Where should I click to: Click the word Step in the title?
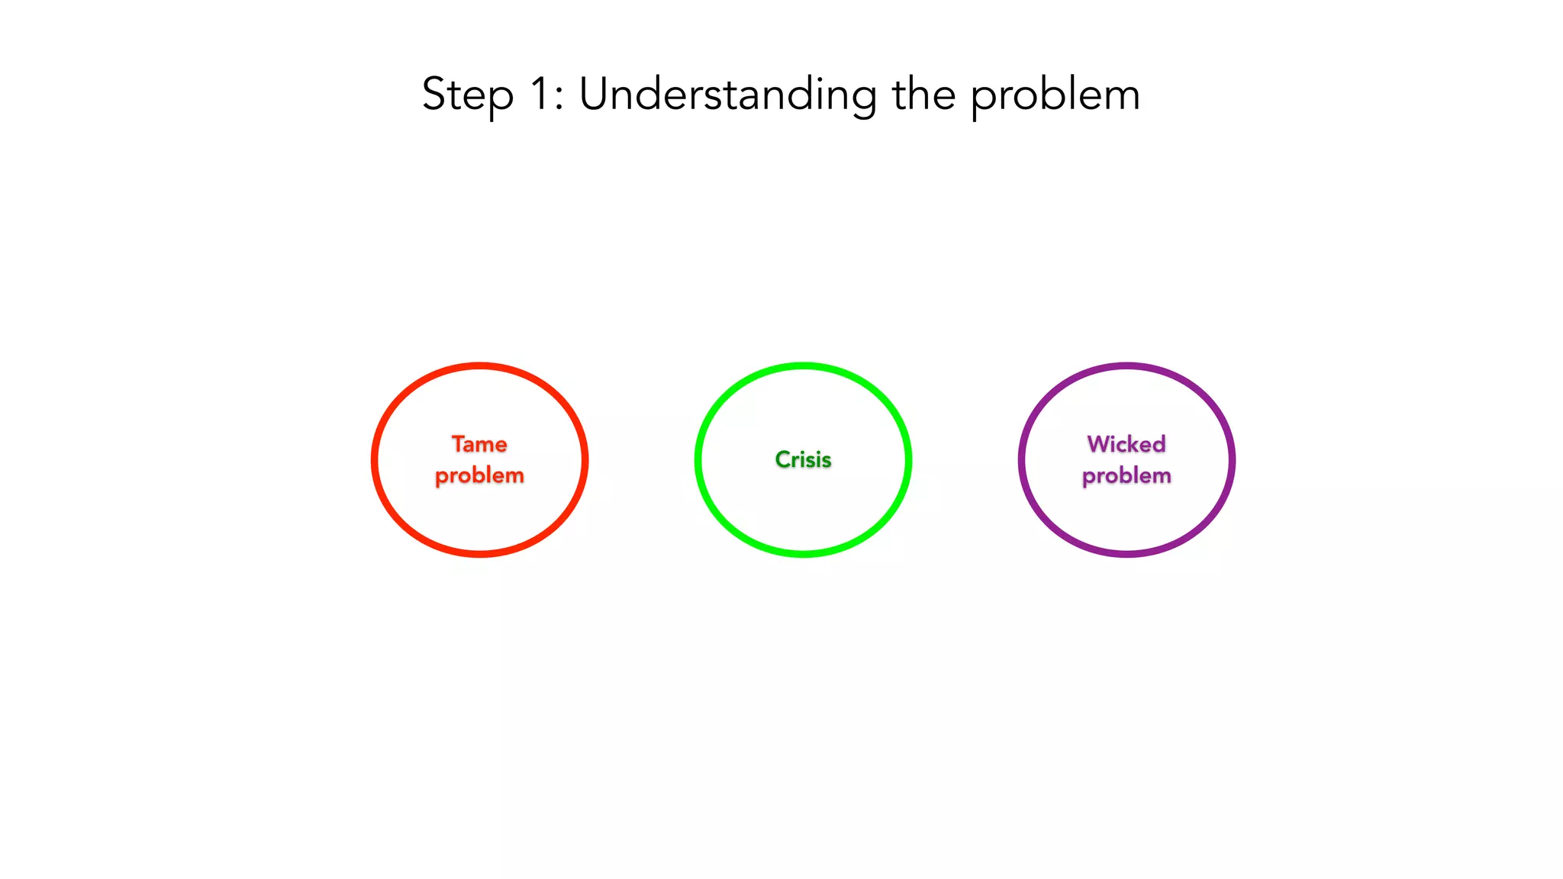coord(467,95)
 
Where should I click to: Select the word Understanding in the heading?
coord(727,95)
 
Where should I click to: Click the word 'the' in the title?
coord(923,95)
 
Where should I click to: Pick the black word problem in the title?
coord(1055,96)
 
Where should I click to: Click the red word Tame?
coord(479,444)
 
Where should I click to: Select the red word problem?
coord(479,476)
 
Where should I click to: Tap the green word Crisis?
coord(803,459)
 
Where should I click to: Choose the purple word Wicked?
coord(1126,444)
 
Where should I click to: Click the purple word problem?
coord(1126,476)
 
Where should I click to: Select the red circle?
coord(374,459)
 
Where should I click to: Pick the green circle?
coord(698,459)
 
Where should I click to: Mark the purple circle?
coord(1021,459)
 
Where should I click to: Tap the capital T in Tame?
coord(458,443)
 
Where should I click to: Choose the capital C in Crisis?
coord(783,459)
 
